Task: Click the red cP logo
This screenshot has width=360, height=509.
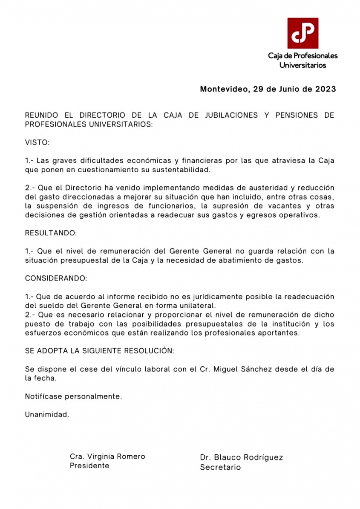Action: tap(302, 33)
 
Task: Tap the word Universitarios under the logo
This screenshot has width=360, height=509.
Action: tap(302, 65)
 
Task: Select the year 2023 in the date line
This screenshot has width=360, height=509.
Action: tap(325, 90)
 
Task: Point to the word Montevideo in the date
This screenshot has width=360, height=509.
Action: tap(224, 90)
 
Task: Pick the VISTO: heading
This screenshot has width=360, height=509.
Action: tap(37, 142)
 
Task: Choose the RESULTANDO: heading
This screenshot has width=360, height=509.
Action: tap(51, 233)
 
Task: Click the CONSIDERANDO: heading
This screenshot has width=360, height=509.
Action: tap(56, 278)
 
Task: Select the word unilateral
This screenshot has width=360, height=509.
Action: tap(198, 306)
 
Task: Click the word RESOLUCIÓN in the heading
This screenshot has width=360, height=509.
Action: tap(149, 351)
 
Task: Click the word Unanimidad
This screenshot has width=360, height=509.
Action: tap(47, 414)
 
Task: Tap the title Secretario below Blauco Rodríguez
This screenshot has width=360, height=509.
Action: tap(220, 467)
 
